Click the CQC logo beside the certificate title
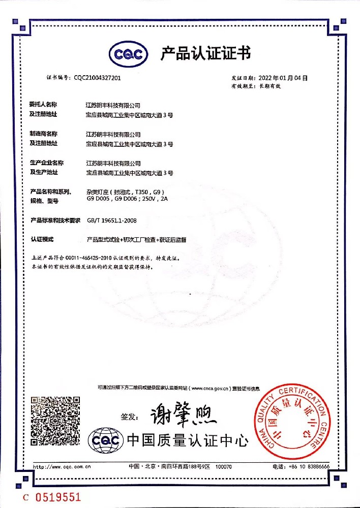(x=129, y=53)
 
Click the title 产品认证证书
(x=205, y=53)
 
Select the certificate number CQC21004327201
(x=97, y=78)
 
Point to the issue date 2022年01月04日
(x=284, y=78)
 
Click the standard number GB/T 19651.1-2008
(x=112, y=220)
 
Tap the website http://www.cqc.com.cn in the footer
(x=62, y=466)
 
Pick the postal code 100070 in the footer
(x=224, y=466)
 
